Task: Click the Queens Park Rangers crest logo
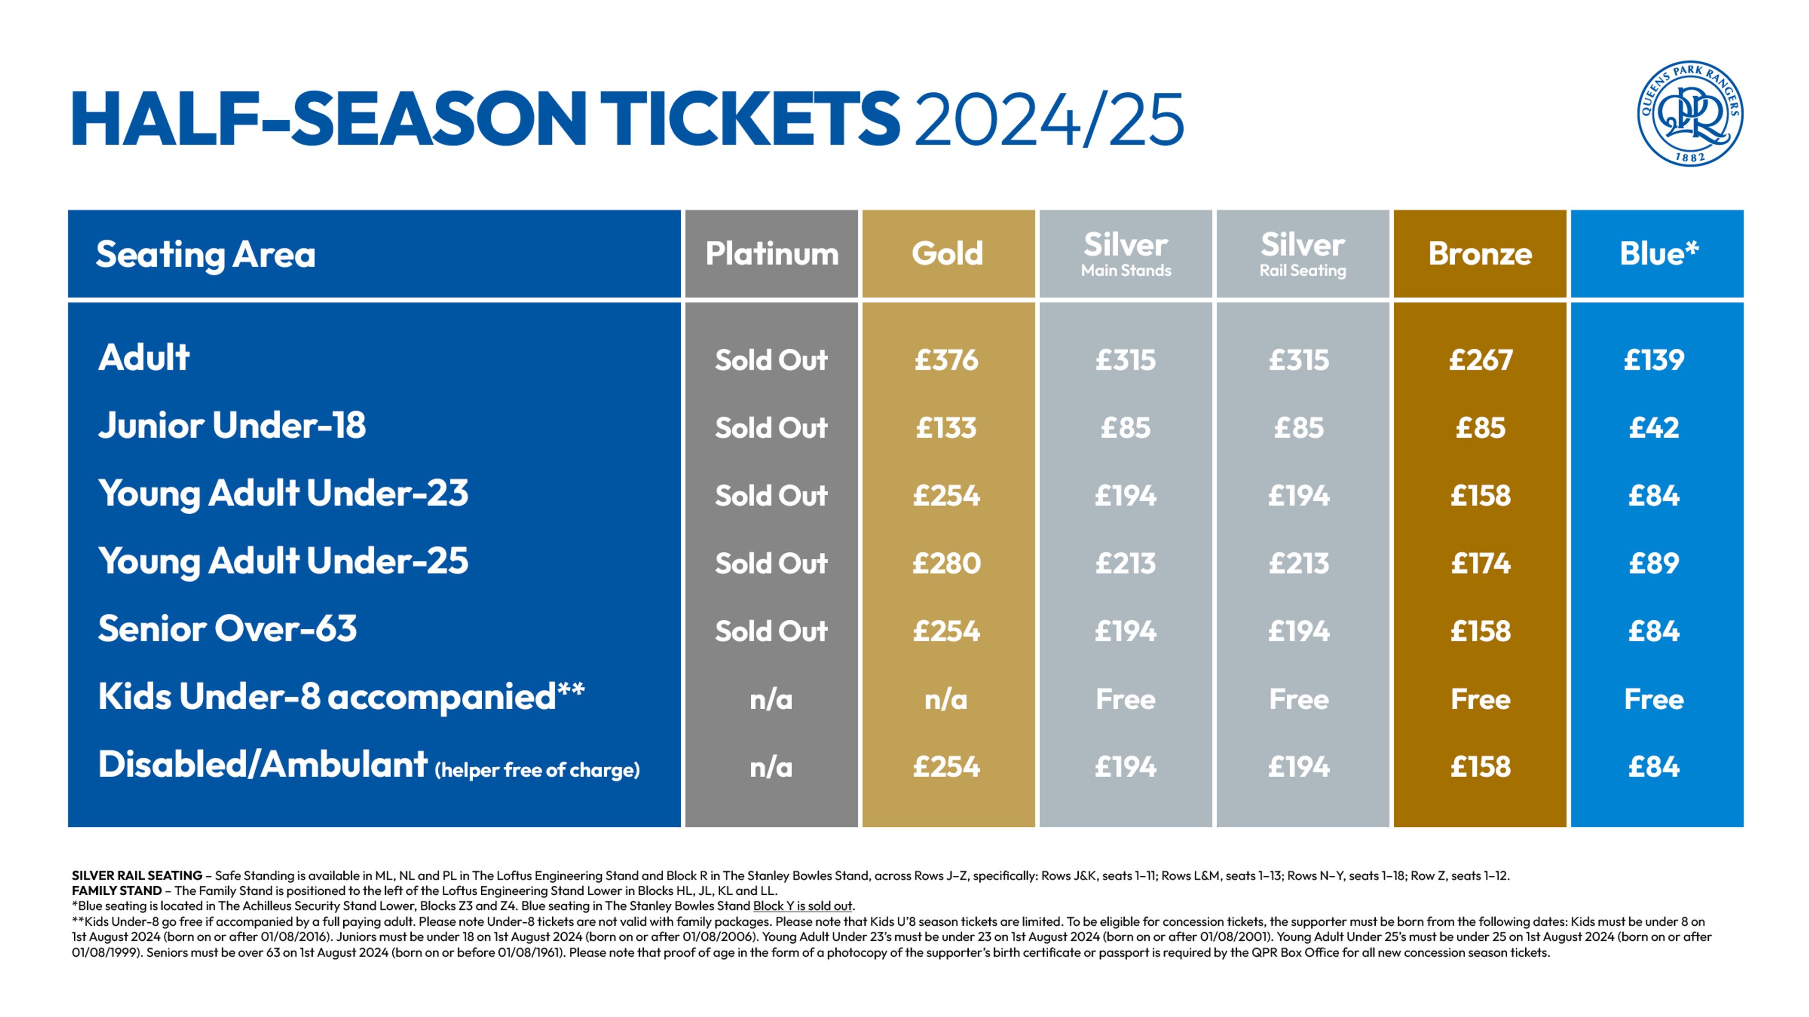tap(1690, 113)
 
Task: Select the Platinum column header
tap(771, 254)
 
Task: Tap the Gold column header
tap(947, 254)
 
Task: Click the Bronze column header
tap(1480, 254)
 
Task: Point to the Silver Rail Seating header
tap(1302, 254)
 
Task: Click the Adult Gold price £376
tap(946, 360)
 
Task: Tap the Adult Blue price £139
tap(1654, 360)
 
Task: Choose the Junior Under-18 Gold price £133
tap(946, 428)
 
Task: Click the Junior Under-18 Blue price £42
tap(1654, 428)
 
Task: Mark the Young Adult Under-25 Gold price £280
tap(946, 563)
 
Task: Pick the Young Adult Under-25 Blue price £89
tap(1654, 563)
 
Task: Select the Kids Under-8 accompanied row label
tap(340, 696)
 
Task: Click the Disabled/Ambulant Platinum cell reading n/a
tap(771, 767)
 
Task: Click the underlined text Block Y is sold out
tap(803, 906)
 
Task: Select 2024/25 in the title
tap(1049, 120)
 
